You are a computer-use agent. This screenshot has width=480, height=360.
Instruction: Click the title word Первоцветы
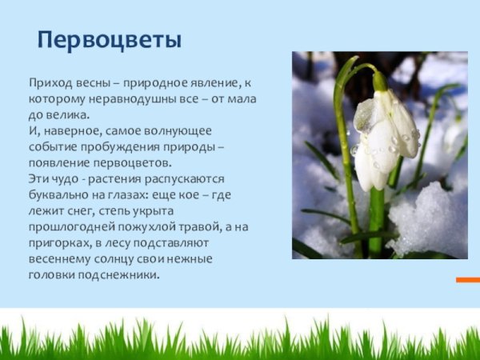click(x=110, y=39)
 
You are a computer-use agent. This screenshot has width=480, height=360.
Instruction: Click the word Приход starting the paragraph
click(x=49, y=82)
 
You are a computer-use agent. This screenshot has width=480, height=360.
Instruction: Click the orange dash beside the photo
click(x=467, y=279)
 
